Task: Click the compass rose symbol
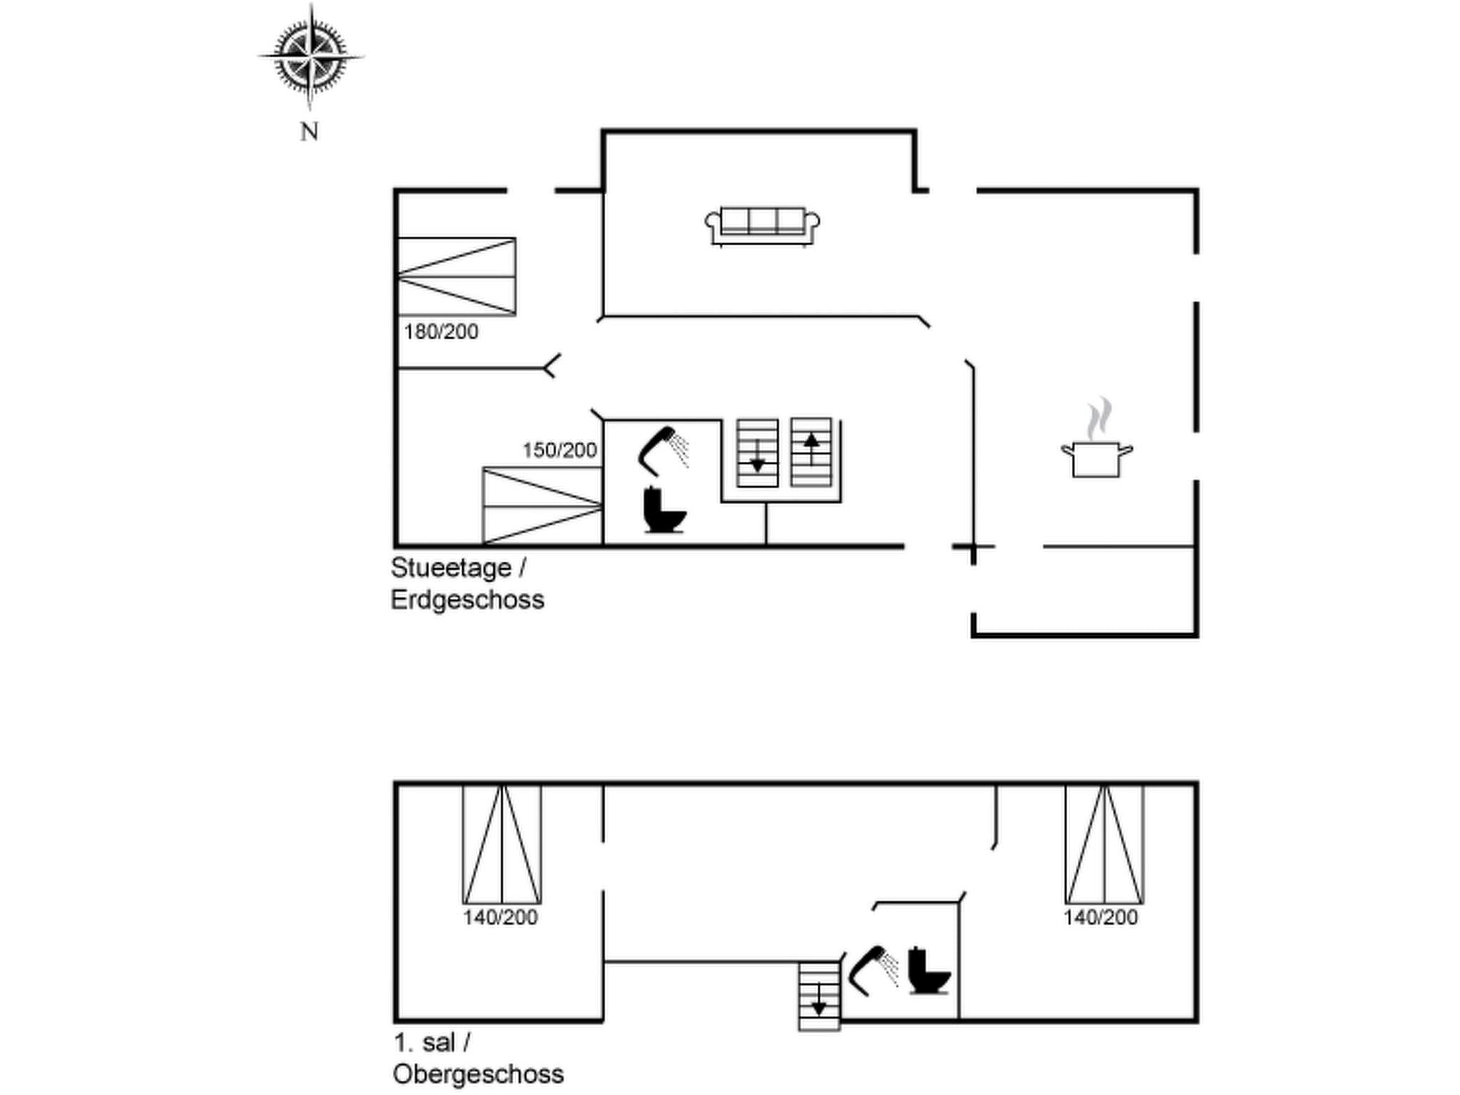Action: (310, 56)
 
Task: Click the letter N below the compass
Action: (309, 132)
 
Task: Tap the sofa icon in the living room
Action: (762, 226)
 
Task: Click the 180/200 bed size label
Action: (441, 332)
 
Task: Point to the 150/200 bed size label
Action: (560, 451)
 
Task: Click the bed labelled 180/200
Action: (456, 277)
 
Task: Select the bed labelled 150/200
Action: (543, 506)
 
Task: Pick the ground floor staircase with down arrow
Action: (757, 453)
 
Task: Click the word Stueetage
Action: (451, 568)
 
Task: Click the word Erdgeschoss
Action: (468, 600)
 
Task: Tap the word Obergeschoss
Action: (478, 1074)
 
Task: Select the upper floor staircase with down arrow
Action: (819, 996)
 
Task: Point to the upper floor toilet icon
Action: (928, 971)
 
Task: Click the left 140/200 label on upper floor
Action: (500, 917)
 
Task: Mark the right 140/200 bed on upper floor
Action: (1104, 844)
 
